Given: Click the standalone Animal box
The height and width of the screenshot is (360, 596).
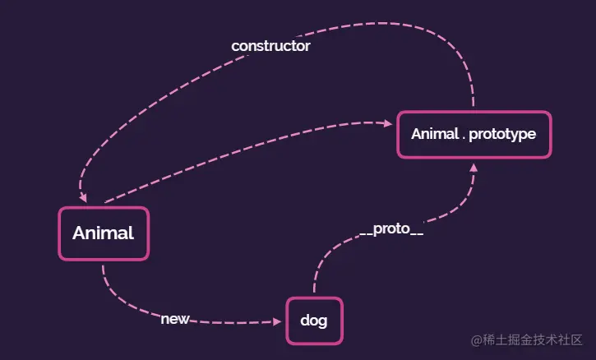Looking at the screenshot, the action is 104,233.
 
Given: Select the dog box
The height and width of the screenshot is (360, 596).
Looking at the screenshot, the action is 313,321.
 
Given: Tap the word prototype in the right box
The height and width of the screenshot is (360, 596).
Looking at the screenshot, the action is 502,133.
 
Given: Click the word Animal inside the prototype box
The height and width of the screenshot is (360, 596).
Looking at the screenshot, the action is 433,133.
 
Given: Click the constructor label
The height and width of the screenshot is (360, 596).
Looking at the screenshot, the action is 270,46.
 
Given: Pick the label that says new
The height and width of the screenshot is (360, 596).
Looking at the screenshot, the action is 175,319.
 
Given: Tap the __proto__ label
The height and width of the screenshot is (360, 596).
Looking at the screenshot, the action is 391,229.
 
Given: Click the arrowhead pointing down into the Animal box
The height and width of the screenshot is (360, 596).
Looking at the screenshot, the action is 84,197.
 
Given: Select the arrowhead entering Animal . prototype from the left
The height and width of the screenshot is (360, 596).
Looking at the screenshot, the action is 389,124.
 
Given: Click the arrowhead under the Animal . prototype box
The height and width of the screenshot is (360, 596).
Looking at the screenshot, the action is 474,167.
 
